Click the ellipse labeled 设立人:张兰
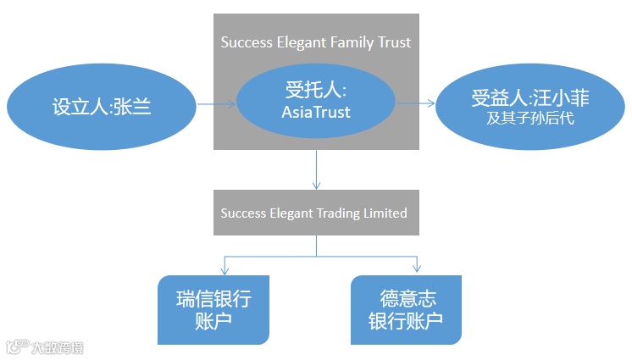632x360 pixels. tap(102, 108)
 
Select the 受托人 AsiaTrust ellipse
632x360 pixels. tap(316, 101)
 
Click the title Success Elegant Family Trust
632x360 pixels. tap(316, 41)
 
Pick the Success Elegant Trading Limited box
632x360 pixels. tap(314, 213)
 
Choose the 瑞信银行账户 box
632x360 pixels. tap(213, 309)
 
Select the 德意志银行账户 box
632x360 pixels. tap(406, 309)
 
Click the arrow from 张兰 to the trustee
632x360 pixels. tap(216, 105)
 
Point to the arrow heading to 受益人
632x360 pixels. tap(416, 103)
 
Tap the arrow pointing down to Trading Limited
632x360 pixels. tap(316, 169)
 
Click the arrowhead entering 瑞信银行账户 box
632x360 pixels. tap(225, 269)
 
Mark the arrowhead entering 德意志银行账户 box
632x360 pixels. tap(418, 269)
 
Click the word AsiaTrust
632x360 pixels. tap(315, 111)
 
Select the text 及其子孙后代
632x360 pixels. tap(530, 119)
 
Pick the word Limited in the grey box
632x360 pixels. tap(382, 213)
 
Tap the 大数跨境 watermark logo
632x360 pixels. tap(46, 346)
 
